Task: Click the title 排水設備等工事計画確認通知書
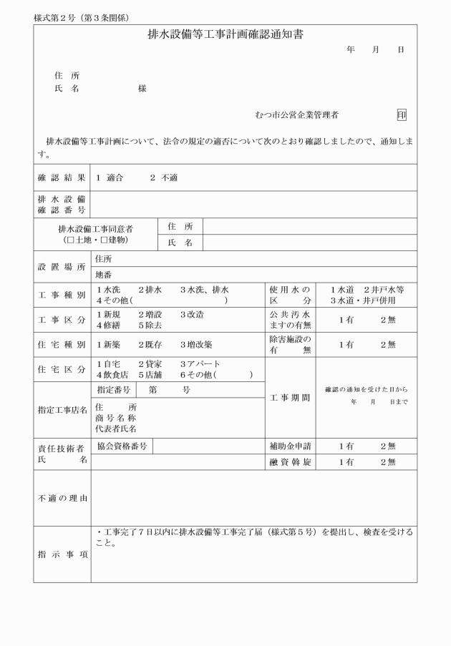[x=225, y=34]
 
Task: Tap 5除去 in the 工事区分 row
[x=150, y=324]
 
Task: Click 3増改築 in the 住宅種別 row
[x=197, y=344]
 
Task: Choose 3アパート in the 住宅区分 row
[x=200, y=364]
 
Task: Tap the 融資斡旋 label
[x=289, y=462]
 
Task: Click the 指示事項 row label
[x=62, y=554]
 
